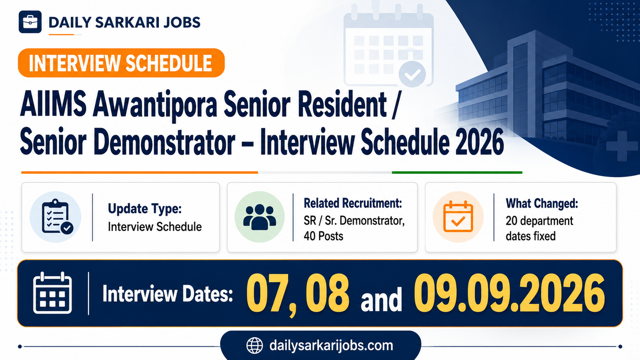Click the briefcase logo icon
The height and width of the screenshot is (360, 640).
pyautogui.click(x=30, y=22)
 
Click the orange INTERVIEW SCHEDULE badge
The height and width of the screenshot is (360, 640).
pyautogui.click(x=121, y=63)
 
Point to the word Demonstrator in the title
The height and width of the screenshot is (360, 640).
pyautogui.click(x=164, y=142)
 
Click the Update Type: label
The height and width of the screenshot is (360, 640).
pyautogui.click(x=144, y=209)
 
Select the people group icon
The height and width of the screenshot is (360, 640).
pyautogui.click(x=260, y=217)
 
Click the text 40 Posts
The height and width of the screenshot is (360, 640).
pyautogui.click(x=324, y=236)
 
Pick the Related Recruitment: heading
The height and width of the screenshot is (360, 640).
pyautogui.click(x=352, y=203)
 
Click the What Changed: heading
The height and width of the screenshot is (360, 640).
pyautogui.click(x=542, y=204)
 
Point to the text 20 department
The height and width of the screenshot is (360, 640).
pyautogui.click(x=540, y=221)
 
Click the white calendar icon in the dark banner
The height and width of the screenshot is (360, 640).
pyautogui.click(x=52, y=293)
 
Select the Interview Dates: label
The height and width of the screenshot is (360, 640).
pyautogui.click(x=168, y=294)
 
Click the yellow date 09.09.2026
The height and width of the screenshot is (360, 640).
pyautogui.click(x=509, y=293)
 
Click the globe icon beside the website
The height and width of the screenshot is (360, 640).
pyautogui.click(x=254, y=346)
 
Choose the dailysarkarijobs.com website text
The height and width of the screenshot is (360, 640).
pyautogui.click(x=331, y=346)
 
